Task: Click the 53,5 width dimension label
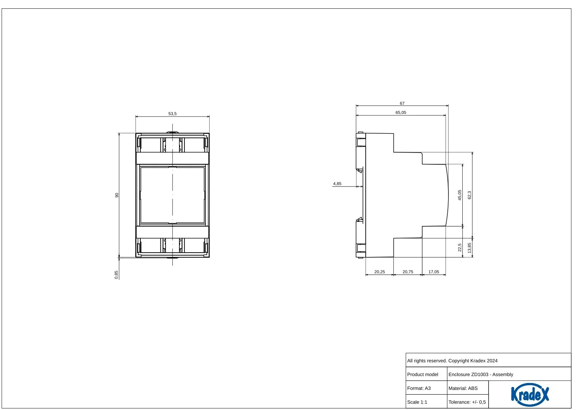click(172, 114)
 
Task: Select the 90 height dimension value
click(117, 195)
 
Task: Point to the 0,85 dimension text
click(116, 275)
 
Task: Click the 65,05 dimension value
click(401, 112)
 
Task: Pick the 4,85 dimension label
click(337, 184)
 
